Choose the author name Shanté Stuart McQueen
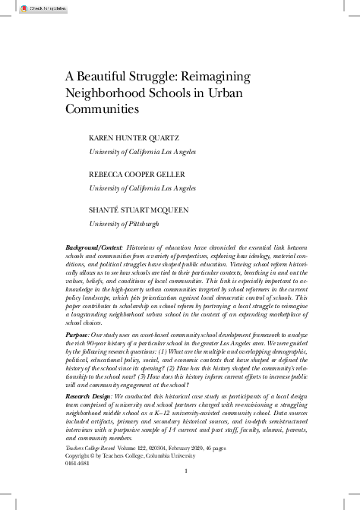[x=138, y=211]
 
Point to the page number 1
[x=185, y=471]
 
